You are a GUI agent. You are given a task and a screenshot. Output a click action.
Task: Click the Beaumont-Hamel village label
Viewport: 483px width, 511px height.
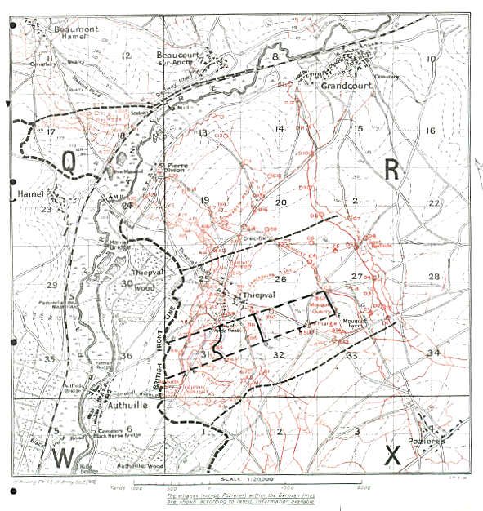[x=76, y=31]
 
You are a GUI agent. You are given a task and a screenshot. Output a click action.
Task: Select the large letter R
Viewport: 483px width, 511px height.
[x=392, y=168]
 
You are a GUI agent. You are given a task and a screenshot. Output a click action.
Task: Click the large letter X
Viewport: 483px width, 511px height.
[x=393, y=455]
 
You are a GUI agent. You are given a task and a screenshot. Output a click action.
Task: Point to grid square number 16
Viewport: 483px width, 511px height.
[x=431, y=131]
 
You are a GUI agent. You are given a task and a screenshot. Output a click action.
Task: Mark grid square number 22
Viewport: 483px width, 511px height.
[x=434, y=203]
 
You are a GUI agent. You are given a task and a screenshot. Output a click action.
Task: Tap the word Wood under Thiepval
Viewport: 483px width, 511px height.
[x=145, y=287]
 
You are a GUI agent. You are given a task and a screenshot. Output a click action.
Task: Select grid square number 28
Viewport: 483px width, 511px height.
[x=434, y=277]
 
